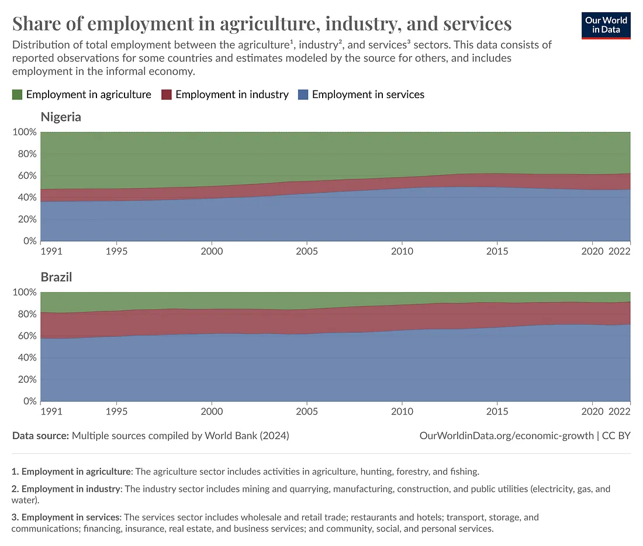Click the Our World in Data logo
606,24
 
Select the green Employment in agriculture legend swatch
18,94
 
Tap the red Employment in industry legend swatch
167,94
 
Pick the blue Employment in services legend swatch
303,94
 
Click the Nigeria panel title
61,117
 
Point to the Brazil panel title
56,277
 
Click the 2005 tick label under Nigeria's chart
307,251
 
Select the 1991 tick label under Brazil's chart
51,411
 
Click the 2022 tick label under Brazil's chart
619,411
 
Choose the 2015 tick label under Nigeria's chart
497,251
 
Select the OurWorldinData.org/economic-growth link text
507,436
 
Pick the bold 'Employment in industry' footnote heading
71,489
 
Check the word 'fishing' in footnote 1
464,471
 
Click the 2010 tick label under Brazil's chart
402,411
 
